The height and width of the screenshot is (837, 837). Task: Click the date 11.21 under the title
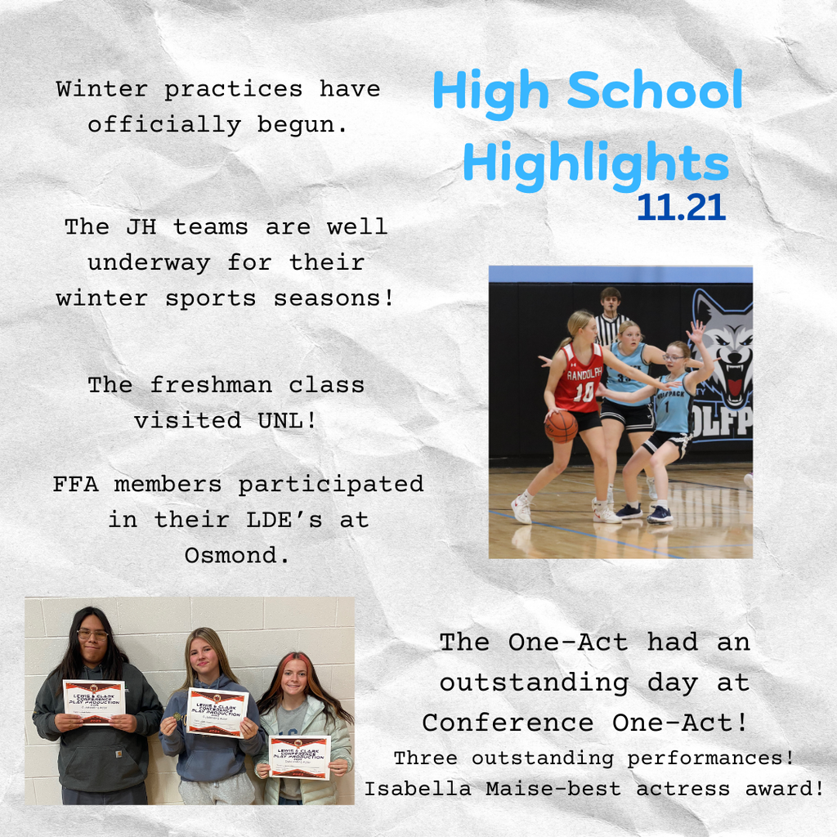[x=681, y=208]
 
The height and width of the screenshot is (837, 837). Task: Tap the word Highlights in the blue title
[x=595, y=163]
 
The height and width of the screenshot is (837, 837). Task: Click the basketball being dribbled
[x=561, y=426]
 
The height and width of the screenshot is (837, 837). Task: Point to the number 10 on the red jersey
[x=584, y=392]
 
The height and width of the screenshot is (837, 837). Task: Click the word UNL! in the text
[x=295, y=420]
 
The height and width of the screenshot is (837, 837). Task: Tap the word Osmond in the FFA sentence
[x=234, y=555]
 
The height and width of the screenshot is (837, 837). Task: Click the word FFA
[x=78, y=484]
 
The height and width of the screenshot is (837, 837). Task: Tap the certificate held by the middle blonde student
[x=217, y=711]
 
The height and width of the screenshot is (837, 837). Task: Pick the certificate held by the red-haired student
[x=299, y=756]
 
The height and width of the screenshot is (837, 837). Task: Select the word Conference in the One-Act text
[x=507, y=723]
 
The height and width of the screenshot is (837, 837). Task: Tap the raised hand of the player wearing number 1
[x=696, y=331]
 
